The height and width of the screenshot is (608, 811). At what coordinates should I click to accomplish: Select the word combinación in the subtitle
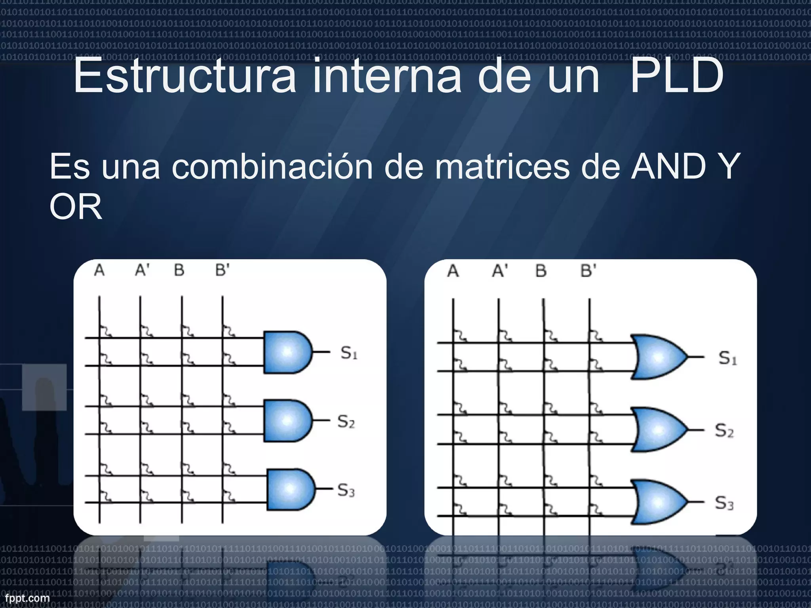272,167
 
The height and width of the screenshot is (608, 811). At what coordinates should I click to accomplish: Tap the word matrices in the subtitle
502,167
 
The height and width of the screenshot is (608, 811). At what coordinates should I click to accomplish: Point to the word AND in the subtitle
668,167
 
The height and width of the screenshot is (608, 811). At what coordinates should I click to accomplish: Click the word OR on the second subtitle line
76,207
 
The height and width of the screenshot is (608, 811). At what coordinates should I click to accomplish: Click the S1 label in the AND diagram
349,353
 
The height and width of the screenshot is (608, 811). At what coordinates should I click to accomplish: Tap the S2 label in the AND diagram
346,422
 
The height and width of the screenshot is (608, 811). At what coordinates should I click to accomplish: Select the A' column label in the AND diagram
142,270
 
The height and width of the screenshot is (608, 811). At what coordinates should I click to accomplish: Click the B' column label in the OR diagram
588,271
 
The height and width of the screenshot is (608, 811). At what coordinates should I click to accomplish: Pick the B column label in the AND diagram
179,270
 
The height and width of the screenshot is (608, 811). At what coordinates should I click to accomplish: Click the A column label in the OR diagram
453,271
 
